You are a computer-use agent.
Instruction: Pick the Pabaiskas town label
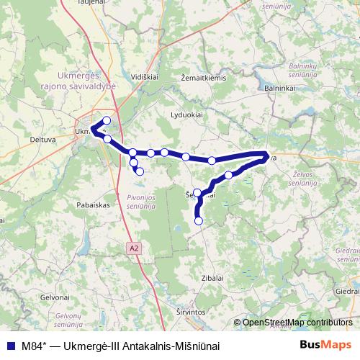[x=92, y=204]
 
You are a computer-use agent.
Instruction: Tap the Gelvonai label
[x=55, y=297]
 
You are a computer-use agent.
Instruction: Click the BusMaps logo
[x=326, y=344]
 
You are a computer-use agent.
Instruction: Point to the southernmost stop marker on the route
[x=199, y=221]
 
